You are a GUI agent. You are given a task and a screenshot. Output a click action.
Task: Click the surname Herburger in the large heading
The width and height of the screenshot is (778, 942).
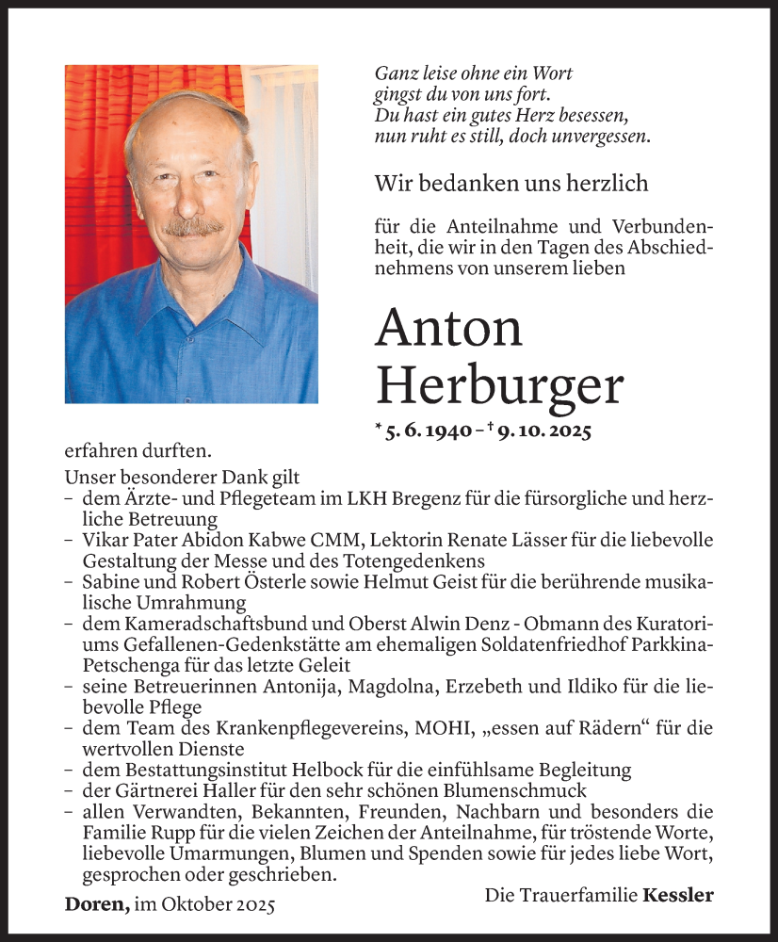pos(499,385)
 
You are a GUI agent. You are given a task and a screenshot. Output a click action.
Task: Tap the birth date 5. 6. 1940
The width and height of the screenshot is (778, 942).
pos(428,431)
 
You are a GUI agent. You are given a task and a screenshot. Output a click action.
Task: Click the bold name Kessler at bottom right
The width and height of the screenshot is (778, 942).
pos(677,895)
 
